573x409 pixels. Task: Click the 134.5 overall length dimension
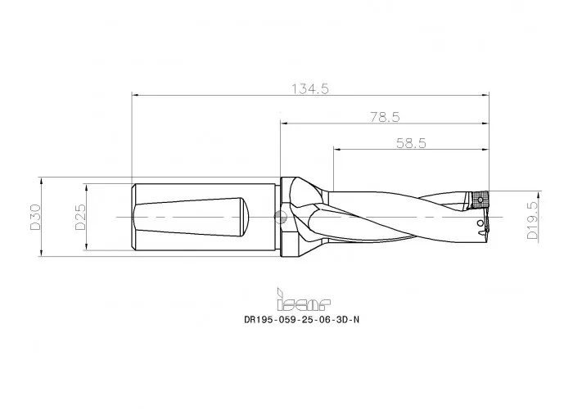pyautogui.click(x=310, y=88)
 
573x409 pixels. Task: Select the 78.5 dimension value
pyautogui.click(x=385, y=117)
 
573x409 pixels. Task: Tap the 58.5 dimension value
pyautogui.click(x=411, y=143)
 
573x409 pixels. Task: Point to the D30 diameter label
pyautogui.click(x=35, y=217)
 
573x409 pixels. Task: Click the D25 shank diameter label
pyautogui.click(x=80, y=217)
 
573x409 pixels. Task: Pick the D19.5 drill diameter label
pyautogui.click(x=532, y=220)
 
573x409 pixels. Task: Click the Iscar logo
pyautogui.click(x=304, y=299)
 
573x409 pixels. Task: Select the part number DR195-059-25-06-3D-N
pyautogui.click(x=302, y=320)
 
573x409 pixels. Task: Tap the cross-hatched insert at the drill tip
pyautogui.click(x=480, y=199)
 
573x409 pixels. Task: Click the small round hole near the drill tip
pyautogui.click(x=480, y=223)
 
